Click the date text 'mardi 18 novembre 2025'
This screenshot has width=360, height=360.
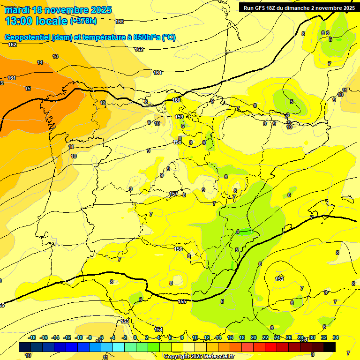click(58, 10)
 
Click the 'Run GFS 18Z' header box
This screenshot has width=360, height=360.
click(298, 7)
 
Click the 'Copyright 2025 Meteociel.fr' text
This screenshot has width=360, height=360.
click(199, 356)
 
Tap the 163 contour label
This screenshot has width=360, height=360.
click(120, 22)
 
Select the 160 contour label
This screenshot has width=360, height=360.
click(176, 100)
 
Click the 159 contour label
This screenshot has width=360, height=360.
click(179, 117)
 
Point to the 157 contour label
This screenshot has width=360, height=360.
click(173, 194)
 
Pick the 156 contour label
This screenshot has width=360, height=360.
click(179, 249)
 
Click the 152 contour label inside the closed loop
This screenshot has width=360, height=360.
click(280, 279)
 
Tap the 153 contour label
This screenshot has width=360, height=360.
click(125, 321)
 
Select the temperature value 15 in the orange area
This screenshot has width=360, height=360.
click(28, 89)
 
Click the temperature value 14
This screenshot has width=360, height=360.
click(40, 62)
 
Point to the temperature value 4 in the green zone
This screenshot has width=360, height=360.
click(238, 232)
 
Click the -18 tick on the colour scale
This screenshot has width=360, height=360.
click(32, 337)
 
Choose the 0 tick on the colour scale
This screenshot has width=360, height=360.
click(135, 337)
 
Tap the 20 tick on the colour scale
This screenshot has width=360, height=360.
click(254, 337)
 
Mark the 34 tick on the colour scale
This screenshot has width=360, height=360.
click(336, 337)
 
